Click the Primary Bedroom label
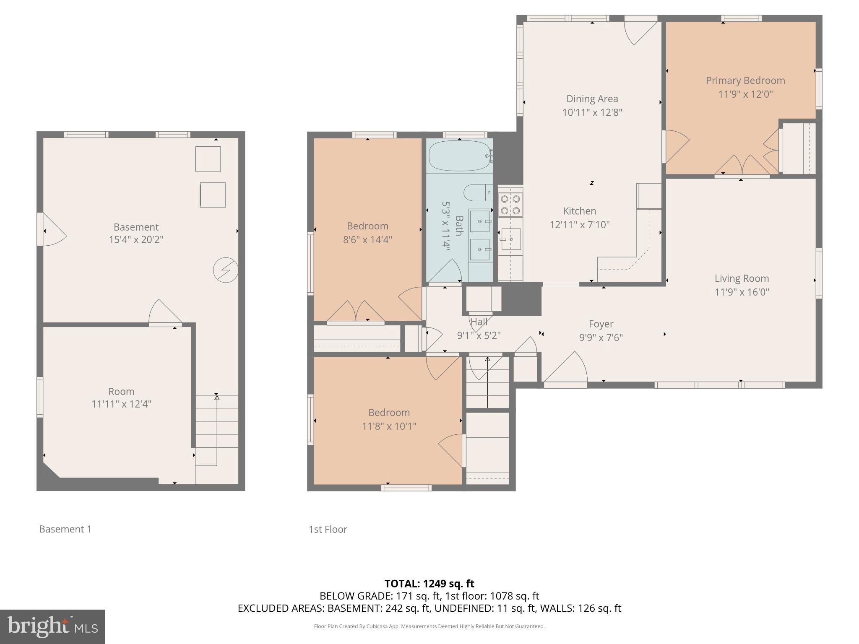745,80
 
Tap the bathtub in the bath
460,156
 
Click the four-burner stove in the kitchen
510,205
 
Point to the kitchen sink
511,239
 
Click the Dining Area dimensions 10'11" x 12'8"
592,112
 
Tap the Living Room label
742,278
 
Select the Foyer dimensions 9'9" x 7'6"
601,338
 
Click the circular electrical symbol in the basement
226,270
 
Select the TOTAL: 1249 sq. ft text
429,584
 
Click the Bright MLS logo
52,627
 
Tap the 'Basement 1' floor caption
65,529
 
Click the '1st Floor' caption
328,530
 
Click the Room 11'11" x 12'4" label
121,397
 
